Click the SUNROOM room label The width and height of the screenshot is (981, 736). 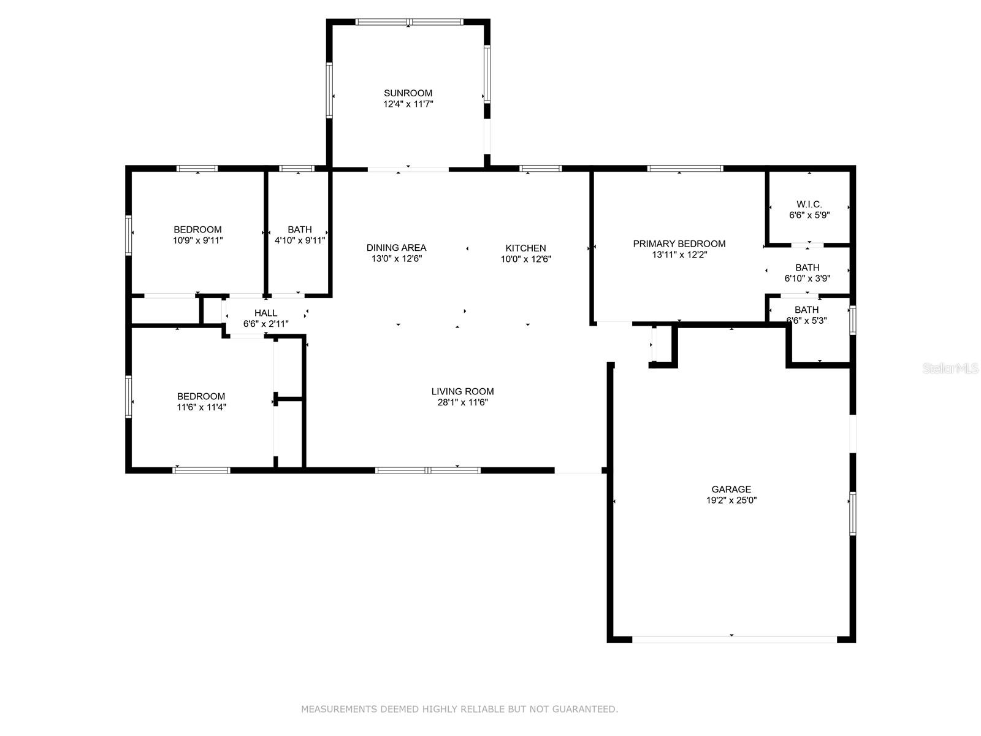[x=408, y=93]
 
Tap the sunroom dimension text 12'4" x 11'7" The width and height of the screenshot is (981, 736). [x=408, y=104]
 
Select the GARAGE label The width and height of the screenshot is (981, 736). [x=731, y=489]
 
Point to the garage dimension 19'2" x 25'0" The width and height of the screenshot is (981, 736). [x=731, y=500]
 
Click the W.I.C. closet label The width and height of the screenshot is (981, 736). [x=809, y=204]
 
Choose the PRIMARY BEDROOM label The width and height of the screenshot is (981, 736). [x=679, y=243]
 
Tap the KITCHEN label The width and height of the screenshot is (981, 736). [x=525, y=248]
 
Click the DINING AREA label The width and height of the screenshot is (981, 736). [x=396, y=248]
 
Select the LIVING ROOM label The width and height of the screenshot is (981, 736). [x=462, y=391]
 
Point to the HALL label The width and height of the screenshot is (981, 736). [x=265, y=313]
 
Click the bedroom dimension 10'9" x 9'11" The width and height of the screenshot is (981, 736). [x=197, y=240]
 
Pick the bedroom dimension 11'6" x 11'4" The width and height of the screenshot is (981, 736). [x=201, y=407]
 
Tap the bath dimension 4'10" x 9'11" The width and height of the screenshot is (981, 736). [x=299, y=240]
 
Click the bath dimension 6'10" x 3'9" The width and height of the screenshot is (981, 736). [x=807, y=278]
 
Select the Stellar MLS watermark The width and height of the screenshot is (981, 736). [x=950, y=368]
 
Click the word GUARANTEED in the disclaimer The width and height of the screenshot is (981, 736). [x=585, y=709]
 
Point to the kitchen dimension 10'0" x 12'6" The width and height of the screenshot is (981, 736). [x=525, y=259]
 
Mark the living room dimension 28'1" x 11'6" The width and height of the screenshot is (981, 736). [x=462, y=402]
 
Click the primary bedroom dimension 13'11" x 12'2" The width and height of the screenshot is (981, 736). [x=679, y=255]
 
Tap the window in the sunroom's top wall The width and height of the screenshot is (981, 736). [x=410, y=22]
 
